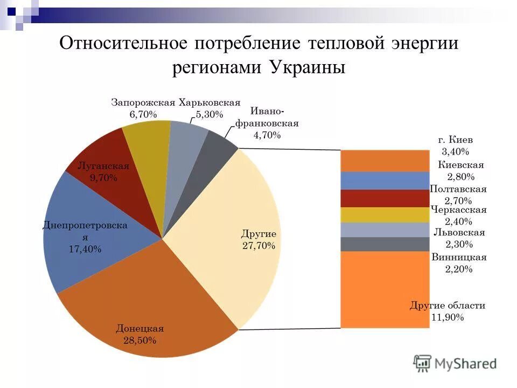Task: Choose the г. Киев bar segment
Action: coord(385,161)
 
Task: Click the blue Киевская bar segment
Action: coord(385,181)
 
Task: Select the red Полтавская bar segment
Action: coord(385,198)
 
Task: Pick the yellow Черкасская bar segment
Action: coord(385,215)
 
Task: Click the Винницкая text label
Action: coord(459,258)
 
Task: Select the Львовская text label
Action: coord(459,233)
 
